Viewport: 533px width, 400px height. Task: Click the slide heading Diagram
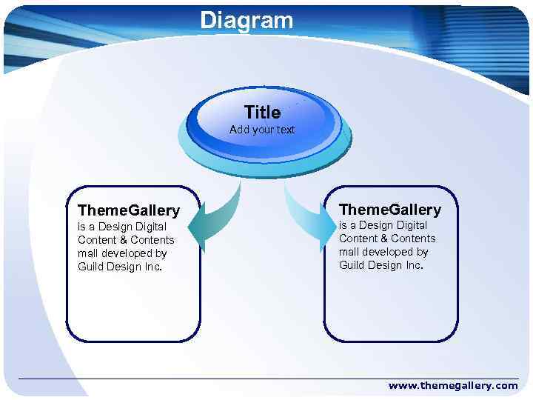[x=247, y=20]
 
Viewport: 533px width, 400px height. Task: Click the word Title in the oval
[x=262, y=113]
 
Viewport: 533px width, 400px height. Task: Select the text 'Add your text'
[x=262, y=130]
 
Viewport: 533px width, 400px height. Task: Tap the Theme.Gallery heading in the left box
[x=129, y=211]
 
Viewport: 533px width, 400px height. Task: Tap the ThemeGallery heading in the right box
[x=389, y=210]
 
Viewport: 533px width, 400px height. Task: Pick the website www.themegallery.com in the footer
[x=453, y=385]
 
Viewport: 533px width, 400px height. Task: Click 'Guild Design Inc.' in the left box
[x=120, y=267]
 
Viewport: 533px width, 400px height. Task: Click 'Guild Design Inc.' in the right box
[x=381, y=265]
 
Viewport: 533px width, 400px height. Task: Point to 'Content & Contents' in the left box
[x=126, y=240]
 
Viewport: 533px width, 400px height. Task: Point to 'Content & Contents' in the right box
[x=387, y=239]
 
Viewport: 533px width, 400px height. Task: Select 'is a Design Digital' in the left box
[x=122, y=227]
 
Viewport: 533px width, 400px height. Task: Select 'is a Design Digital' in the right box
[x=383, y=225]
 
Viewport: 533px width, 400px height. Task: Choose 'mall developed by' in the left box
[x=122, y=253]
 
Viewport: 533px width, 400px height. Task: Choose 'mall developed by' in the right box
[x=383, y=252]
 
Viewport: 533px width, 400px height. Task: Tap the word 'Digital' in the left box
[x=150, y=227]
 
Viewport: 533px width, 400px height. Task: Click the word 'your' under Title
[x=264, y=130]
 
